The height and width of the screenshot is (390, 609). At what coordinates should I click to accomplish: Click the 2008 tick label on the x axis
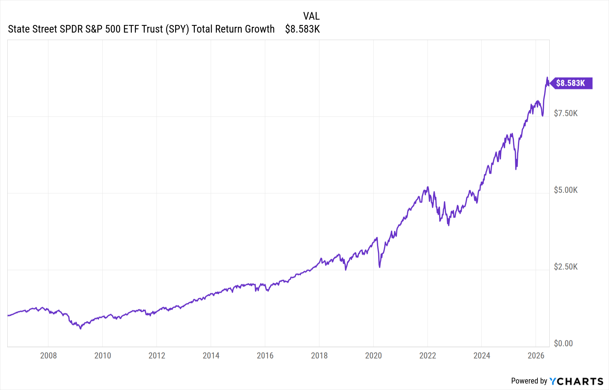(48, 356)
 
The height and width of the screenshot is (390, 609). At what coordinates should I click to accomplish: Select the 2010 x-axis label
(103, 356)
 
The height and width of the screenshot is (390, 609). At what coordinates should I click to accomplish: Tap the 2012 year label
(157, 356)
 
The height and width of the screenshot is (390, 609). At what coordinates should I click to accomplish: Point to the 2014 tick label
(211, 356)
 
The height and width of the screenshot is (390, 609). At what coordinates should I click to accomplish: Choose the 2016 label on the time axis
(265, 356)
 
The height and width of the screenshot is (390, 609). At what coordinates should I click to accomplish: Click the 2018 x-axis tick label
(319, 356)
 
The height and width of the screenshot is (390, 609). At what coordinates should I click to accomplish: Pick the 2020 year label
(374, 356)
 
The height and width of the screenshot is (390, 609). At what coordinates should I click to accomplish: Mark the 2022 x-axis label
(428, 356)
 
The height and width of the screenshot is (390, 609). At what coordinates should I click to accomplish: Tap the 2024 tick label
(482, 356)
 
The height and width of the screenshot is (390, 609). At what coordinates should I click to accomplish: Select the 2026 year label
(536, 356)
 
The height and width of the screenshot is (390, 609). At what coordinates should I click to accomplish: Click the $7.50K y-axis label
(566, 114)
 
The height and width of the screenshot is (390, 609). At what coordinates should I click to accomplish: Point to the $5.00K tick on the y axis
(566, 190)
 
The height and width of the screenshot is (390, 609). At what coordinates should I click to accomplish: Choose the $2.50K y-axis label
(566, 267)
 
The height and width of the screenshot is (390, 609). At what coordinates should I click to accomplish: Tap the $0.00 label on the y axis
(563, 344)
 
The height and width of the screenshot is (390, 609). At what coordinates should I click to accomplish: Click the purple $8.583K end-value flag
(571, 83)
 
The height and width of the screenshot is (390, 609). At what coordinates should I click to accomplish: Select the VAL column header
(312, 16)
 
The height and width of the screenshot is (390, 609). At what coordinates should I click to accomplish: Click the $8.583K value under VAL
(302, 29)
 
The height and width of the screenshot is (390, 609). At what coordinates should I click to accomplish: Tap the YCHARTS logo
(576, 381)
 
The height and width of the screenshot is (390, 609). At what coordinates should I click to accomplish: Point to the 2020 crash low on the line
(380, 267)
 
